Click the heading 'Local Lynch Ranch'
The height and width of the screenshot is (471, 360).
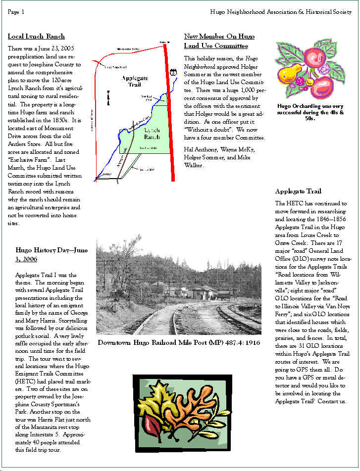pos(36,36)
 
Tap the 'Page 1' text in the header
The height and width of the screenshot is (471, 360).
pos(16,11)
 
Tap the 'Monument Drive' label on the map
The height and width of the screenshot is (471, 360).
pos(128,48)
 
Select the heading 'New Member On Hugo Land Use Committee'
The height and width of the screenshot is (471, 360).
pos(216,41)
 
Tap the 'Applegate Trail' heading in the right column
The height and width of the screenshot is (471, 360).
pos(298,191)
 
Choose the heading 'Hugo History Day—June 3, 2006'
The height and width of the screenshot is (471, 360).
pos(51,254)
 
